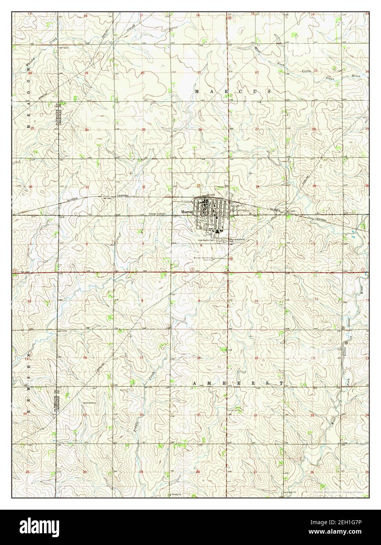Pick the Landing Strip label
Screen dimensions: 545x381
coord(88,403)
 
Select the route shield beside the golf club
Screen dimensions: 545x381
coord(231,258)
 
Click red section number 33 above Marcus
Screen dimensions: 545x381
coord(199,185)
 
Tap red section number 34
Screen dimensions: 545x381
coord(257,186)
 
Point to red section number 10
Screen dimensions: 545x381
coord(256,301)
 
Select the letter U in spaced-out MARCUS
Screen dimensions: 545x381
coord(255,91)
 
